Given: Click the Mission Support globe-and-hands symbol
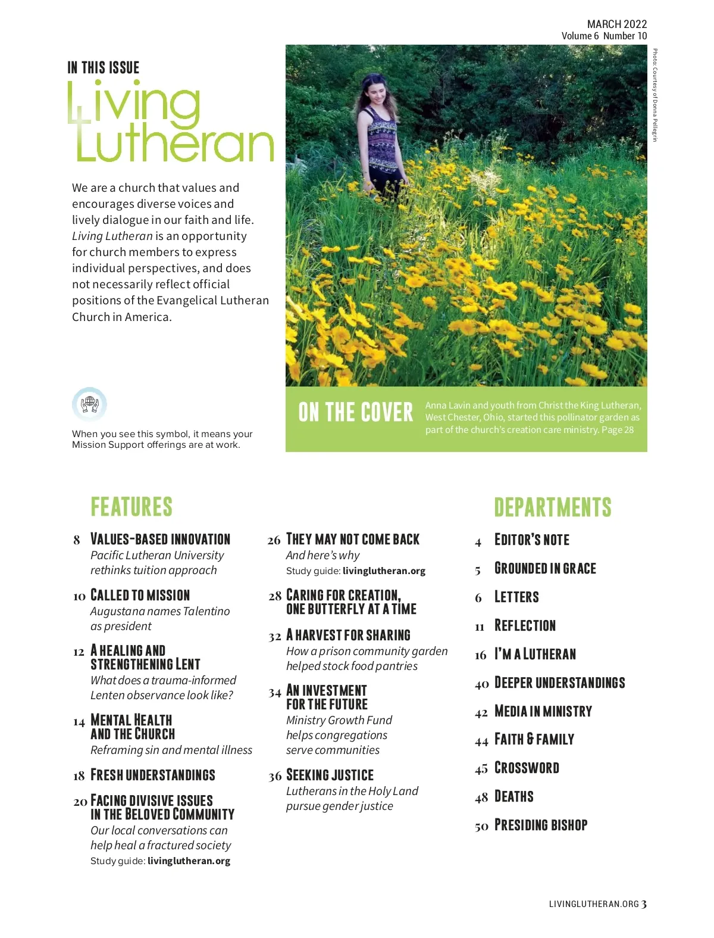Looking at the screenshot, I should [x=89, y=404].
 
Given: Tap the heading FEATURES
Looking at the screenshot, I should [x=131, y=507].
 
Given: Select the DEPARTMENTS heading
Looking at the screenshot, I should [x=553, y=507].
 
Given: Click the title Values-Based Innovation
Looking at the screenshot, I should [x=160, y=539].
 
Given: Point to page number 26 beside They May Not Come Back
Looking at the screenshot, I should [x=274, y=540].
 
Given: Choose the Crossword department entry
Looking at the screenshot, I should [x=527, y=768].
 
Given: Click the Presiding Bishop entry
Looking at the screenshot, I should [x=541, y=825].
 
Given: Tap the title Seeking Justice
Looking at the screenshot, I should [x=330, y=775].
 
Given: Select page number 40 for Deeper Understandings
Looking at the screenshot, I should [x=482, y=684].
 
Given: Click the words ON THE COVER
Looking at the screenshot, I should [x=355, y=412].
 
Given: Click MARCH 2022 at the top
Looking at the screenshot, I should [x=616, y=24].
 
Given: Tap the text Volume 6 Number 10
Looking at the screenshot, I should [x=604, y=36].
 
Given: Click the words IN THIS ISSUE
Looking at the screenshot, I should [x=104, y=68].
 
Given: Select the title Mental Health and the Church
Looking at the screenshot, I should [x=132, y=727].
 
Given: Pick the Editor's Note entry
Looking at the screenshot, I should [x=532, y=540].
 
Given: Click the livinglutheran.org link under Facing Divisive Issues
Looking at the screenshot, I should [x=189, y=861].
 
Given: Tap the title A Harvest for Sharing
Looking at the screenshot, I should [x=348, y=635].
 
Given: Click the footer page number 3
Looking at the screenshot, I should [x=644, y=903].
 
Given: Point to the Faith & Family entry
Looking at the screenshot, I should [x=534, y=739].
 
